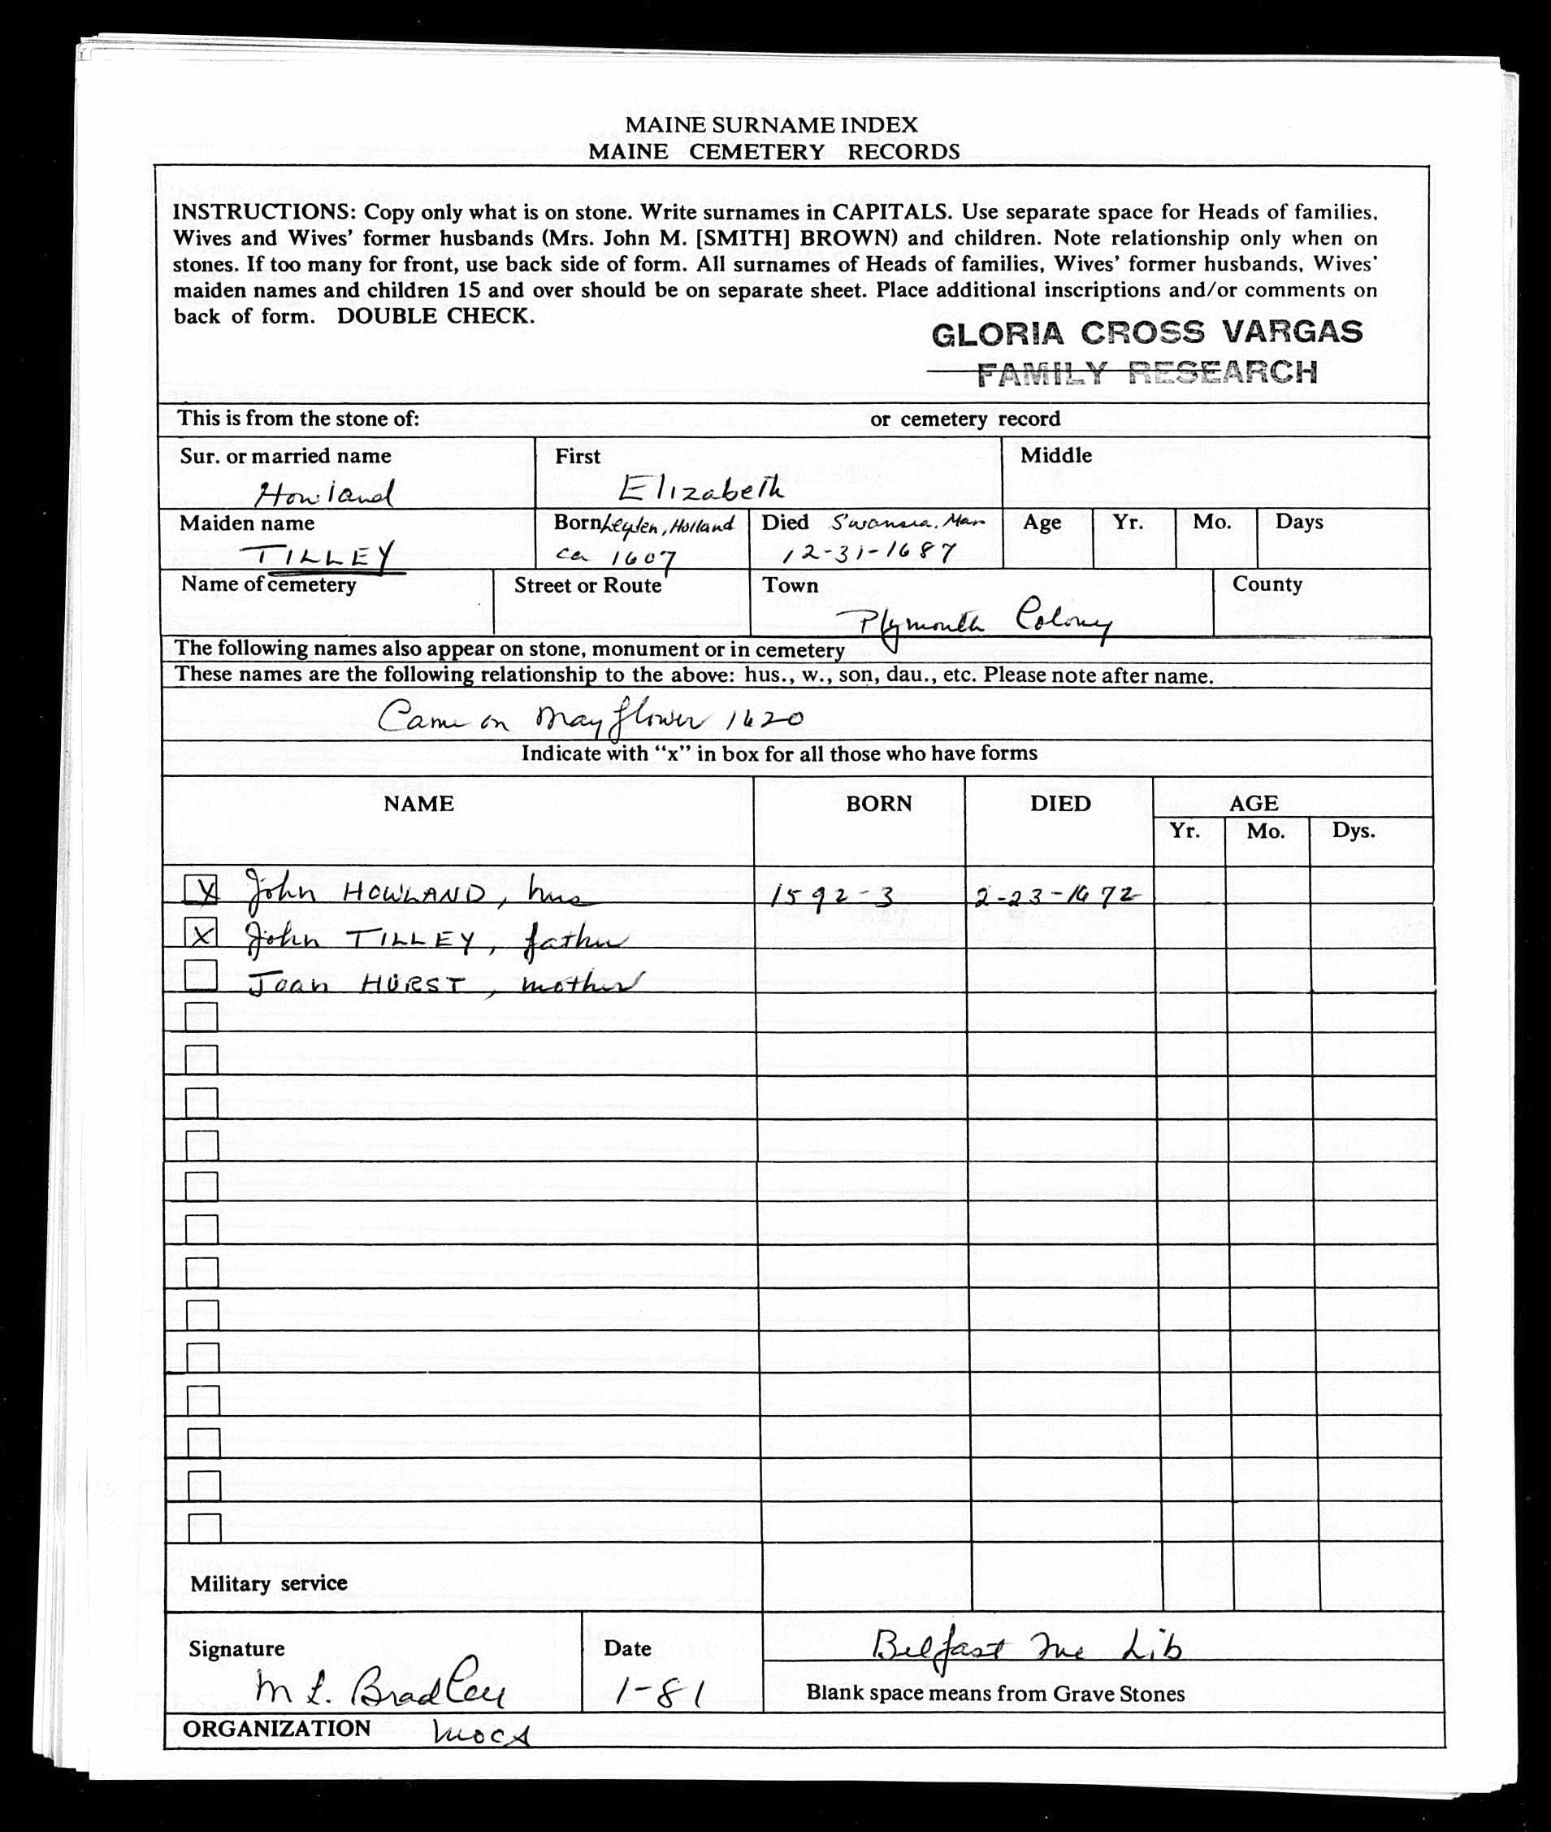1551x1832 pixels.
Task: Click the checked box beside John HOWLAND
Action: coord(201,890)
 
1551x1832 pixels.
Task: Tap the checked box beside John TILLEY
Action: coord(201,933)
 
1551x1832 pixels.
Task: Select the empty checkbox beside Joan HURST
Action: coord(201,975)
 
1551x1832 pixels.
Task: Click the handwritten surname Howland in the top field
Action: coord(323,495)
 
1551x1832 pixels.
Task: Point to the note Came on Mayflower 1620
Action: coord(589,719)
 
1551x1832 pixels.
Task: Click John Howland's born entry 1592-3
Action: coord(832,896)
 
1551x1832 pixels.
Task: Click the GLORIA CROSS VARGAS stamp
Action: coord(1146,332)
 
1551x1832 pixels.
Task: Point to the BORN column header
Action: coord(878,803)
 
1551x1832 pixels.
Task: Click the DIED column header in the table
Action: coord(1060,803)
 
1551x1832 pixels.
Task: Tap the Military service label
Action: coord(269,1583)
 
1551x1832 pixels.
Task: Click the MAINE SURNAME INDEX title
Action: coord(771,125)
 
